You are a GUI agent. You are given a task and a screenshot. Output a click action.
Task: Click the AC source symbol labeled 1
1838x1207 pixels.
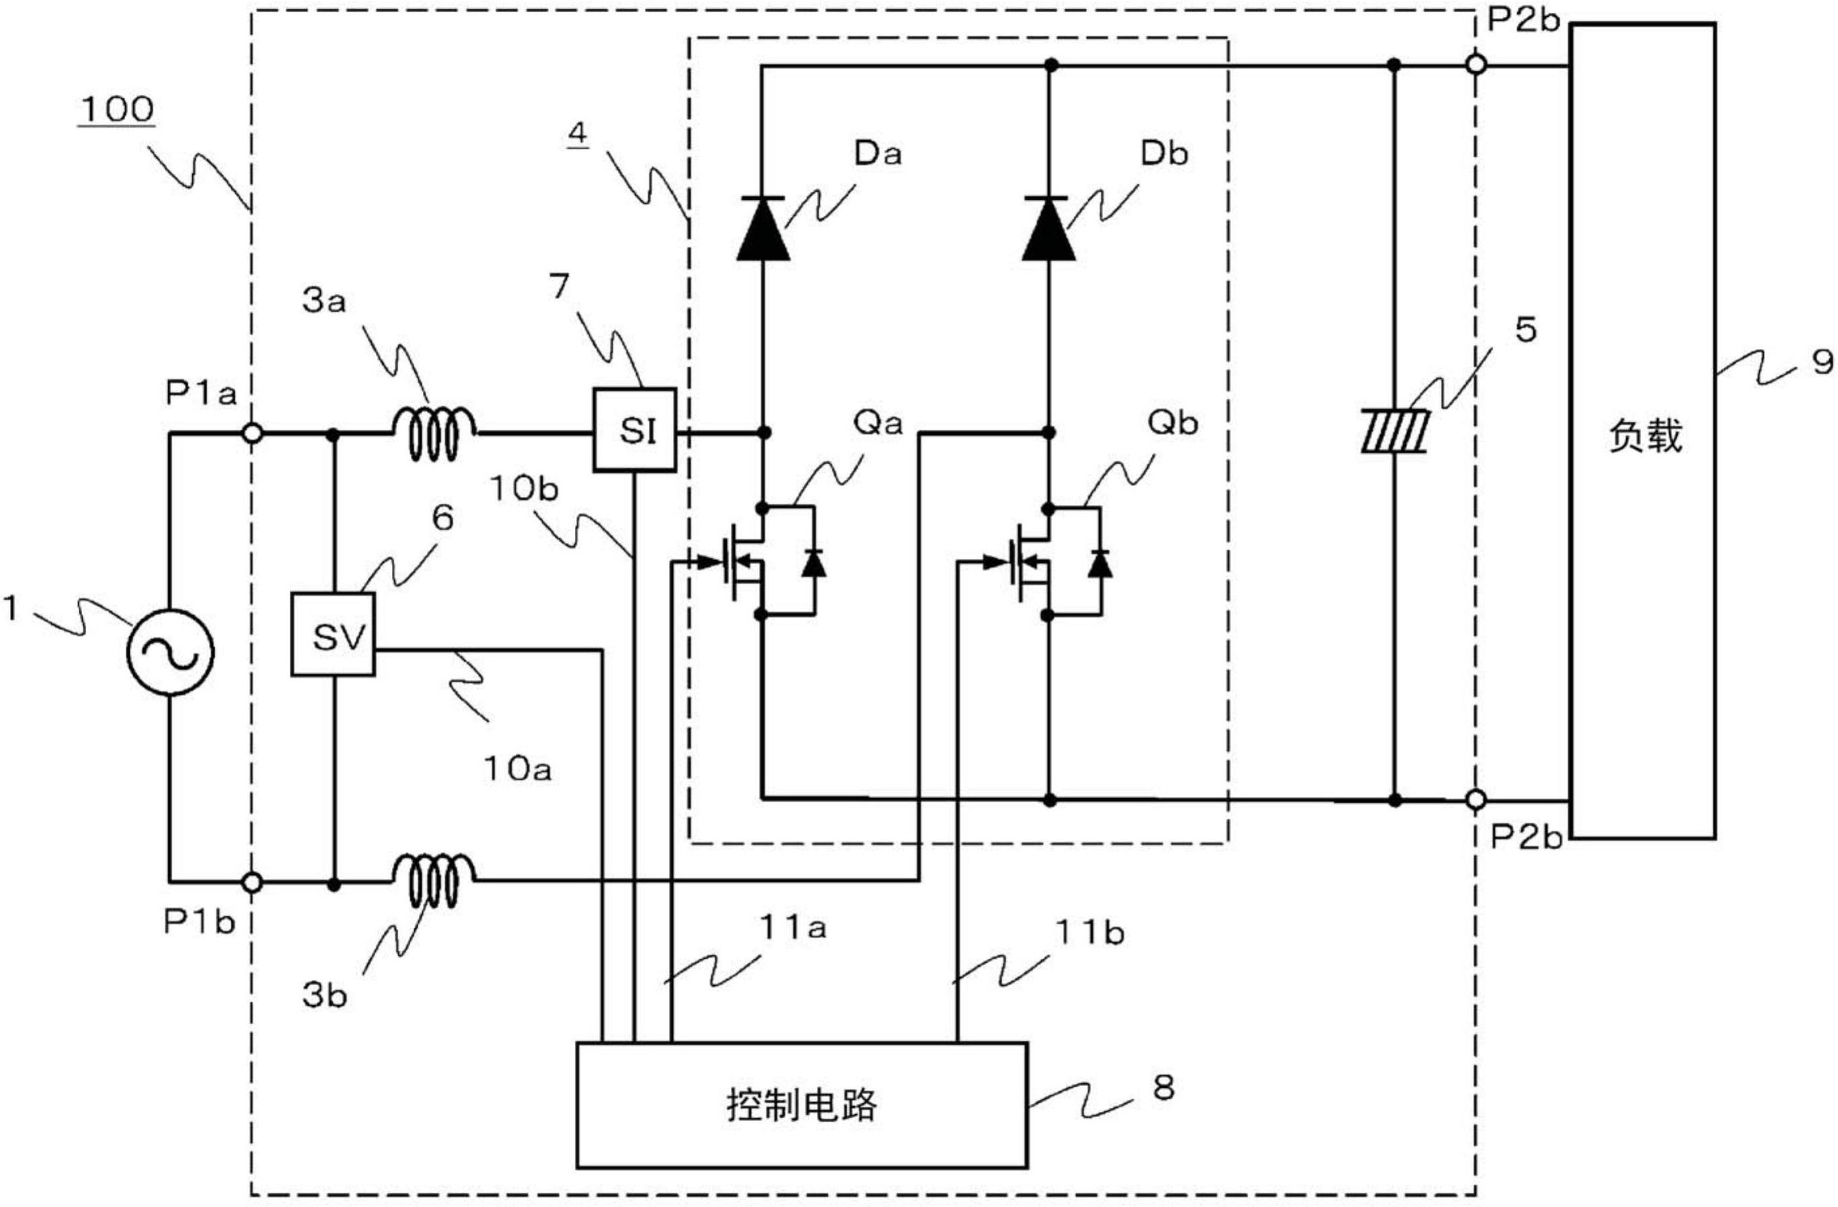coord(170,652)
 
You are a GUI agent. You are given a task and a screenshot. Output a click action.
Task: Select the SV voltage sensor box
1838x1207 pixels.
coord(333,634)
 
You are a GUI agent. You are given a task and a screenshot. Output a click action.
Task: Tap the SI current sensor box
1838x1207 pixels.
coord(635,430)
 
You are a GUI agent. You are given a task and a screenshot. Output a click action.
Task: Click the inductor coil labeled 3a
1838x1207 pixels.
coord(435,434)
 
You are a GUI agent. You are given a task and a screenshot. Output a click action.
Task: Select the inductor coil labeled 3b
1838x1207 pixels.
coord(435,881)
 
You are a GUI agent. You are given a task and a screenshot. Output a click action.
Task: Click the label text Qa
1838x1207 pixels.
coord(878,423)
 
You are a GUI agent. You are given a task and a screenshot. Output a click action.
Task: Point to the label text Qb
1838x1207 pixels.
coord(1172,423)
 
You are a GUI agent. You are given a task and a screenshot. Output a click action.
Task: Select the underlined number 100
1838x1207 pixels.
coord(118,110)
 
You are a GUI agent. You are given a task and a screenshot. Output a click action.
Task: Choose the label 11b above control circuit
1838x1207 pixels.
coord(1089,933)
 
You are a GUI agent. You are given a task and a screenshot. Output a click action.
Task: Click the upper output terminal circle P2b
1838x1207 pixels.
coord(1475,65)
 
